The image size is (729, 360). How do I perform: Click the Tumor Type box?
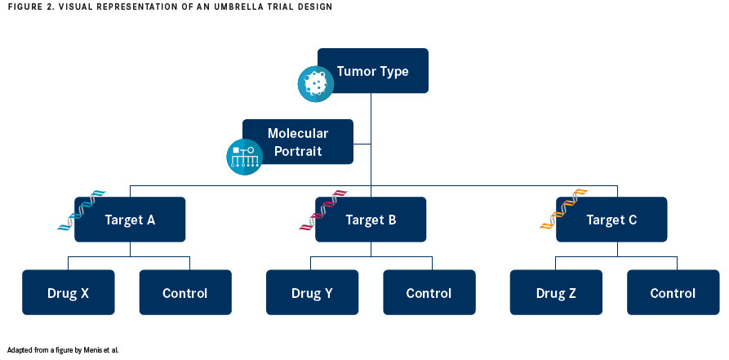[x=373, y=71]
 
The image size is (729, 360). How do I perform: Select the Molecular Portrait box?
[x=298, y=141]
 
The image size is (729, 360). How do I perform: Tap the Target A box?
[x=130, y=220]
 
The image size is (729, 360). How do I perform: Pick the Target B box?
[x=371, y=220]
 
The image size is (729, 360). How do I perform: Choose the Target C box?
[x=611, y=220]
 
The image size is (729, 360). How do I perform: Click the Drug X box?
[x=69, y=292]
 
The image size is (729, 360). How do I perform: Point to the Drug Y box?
[x=313, y=292]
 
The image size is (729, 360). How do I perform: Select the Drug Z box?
[x=556, y=292]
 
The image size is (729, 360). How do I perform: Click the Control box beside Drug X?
[x=185, y=292]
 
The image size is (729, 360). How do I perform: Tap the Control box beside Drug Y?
[x=429, y=292]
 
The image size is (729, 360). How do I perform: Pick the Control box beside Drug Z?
[x=673, y=292]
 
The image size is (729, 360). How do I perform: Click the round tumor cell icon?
[x=316, y=84]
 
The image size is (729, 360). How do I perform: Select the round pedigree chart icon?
[x=245, y=157]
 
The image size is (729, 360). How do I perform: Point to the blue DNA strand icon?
[x=82, y=211]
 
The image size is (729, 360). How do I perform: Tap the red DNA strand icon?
[x=323, y=211]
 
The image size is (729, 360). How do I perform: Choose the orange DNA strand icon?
[x=564, y=211]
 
